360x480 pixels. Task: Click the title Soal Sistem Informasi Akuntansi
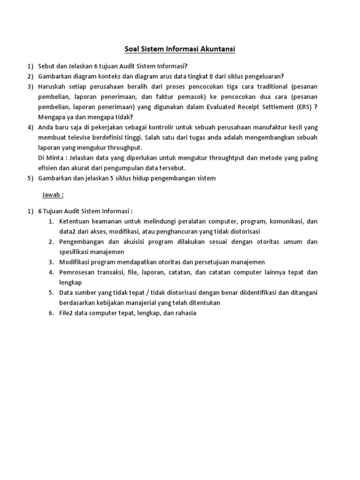[x=180, y=48]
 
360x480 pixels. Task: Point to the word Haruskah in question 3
[x=52, y=87]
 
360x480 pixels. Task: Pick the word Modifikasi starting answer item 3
[x=76, y=262]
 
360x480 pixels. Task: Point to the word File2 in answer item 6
[x=67, y=313]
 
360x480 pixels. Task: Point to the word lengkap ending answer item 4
[x=71, y=282]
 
